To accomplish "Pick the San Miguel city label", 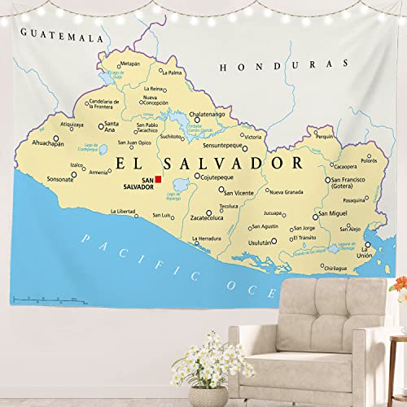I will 335,213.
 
